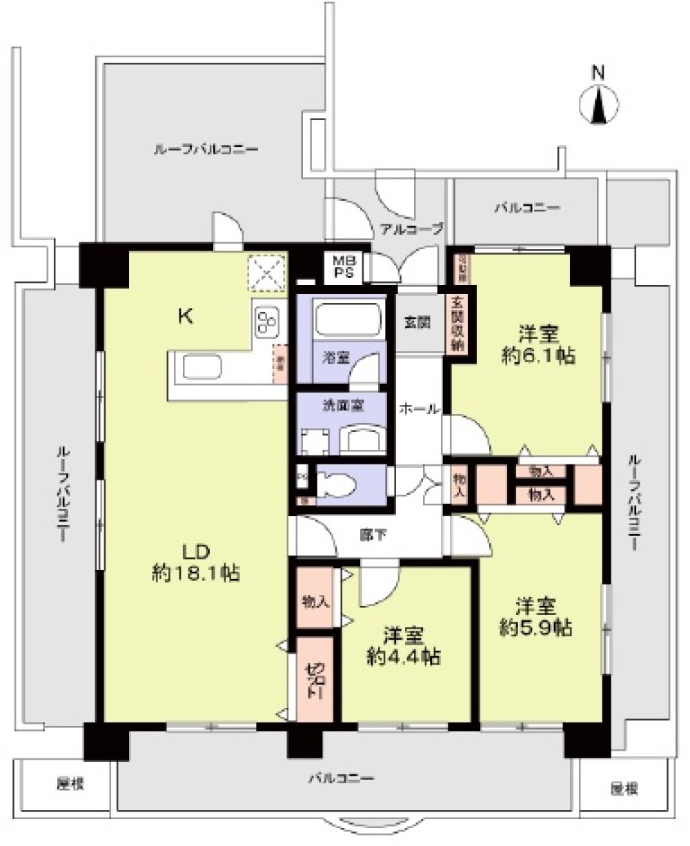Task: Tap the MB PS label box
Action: pyautogui.click(x=342, y=266)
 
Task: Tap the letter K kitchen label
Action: pyautogui.click(x=185, y=317)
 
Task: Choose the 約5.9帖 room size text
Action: pyautogui.click(x=536, y=627)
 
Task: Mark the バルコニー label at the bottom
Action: pyautogui.click(x=341, y=778)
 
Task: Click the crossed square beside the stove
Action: pyautogui.click(x=268, y=273)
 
